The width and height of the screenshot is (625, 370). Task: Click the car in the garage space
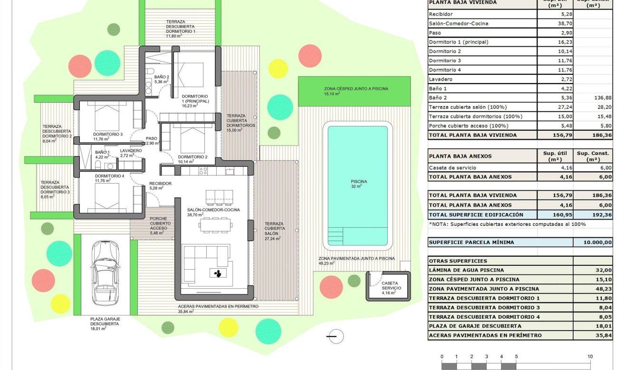pyautogui.click(x=104, y=273)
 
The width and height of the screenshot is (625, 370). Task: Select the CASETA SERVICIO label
pyautogui.click(x=391, y=288)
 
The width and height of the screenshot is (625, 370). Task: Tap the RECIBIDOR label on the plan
pyautogui.click(x=160, y=184)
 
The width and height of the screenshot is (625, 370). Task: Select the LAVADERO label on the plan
pyautogui.click(x=131, y=151)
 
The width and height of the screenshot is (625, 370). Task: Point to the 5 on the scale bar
pyautogui.click(x=516, y=357)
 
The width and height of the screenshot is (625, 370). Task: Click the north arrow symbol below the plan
pyautogui.click(x=336, y=336)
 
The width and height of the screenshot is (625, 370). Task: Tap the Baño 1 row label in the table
pyautogui.click(x=438, y=88)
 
